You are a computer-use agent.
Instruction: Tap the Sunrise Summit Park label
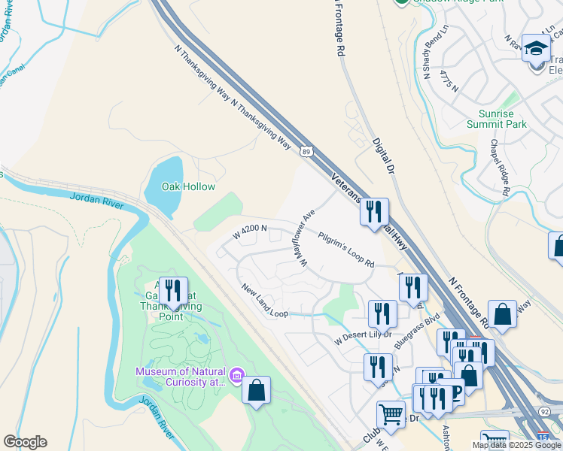(496, 119)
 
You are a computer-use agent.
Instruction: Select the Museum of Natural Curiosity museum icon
(236, 374)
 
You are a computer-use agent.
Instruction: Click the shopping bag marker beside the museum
(257, 390)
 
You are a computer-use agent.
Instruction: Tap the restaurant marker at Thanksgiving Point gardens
(173, 291)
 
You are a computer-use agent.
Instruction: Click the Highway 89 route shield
(306, 152)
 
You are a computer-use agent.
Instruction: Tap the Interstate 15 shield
(543, 437)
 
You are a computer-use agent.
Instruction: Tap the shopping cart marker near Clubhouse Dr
(391, 414)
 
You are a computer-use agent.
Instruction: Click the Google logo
(25, 442)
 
